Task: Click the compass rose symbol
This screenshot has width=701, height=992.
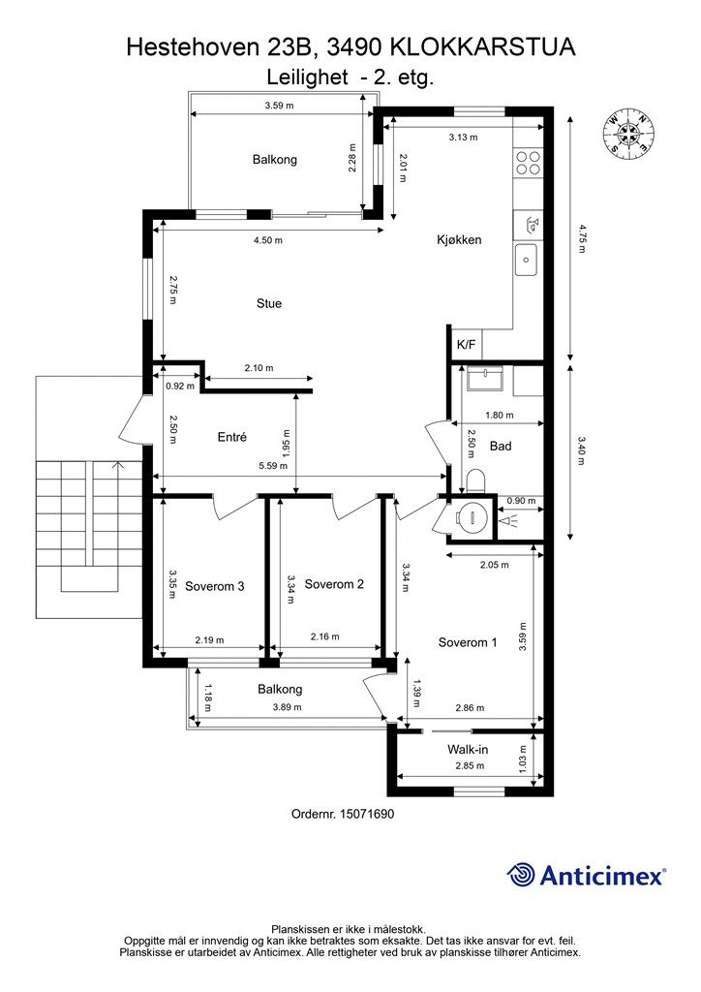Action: tap(627, 132)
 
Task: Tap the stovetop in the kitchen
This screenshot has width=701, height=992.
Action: tap(528, 163)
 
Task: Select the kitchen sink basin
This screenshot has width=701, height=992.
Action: tap(528, 260)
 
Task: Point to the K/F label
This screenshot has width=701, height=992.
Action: tap(466, 346)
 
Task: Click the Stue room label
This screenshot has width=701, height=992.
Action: tap(268, 303)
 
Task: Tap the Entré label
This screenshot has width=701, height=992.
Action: tap(231, 437)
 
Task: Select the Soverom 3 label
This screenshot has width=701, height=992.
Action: tap(214, 586)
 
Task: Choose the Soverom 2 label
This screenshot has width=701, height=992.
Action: tap(334, 584)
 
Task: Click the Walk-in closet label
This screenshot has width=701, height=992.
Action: tap(467, 750)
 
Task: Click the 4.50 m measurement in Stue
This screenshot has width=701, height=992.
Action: tap(268, 240)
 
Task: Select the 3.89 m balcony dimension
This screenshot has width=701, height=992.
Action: tap(287, 707)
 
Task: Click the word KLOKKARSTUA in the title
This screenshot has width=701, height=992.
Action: tap(482, 47)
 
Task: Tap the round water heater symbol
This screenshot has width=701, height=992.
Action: tap(471, 517)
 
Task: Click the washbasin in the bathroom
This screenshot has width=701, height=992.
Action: tap(485, 379)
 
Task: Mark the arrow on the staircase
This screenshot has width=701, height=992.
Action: tap(116, 467)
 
